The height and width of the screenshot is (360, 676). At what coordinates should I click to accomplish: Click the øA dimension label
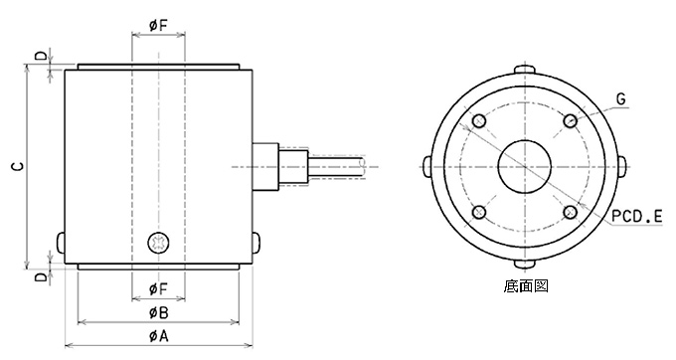coord(158,336)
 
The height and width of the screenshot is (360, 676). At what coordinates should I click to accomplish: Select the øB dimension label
coord(158,312)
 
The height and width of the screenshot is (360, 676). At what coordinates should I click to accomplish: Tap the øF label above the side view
coord(158,25)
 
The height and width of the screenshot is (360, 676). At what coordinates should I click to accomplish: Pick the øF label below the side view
coord(158,288)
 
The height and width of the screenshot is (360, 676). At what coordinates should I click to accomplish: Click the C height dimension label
coord(17,166)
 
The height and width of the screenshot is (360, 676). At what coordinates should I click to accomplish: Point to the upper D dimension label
coord(41,56)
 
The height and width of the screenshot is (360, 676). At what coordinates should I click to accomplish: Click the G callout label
coord(620,99)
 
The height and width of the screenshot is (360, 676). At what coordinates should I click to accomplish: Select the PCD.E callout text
coord(637,217)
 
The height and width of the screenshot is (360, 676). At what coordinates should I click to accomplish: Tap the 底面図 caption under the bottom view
coord(526,285)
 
